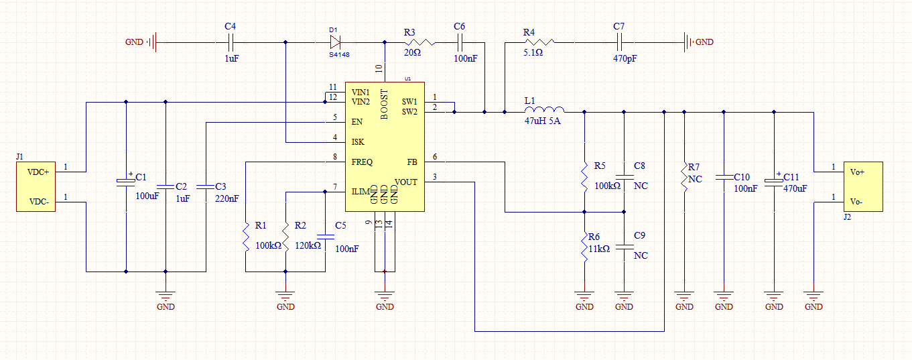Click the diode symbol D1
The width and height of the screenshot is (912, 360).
point(335,42)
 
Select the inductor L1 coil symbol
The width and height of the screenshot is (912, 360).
point(544,111)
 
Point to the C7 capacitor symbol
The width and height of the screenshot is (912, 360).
point(618,42)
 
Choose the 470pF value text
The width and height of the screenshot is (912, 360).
point(625,59)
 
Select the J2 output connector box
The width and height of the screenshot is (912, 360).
point(862,186)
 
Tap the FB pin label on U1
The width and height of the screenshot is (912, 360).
point(411,162)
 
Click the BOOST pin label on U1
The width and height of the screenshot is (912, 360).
point(385,104)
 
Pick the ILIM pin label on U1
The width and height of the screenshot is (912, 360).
point(361,192)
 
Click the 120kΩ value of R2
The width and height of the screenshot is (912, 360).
point(308,245)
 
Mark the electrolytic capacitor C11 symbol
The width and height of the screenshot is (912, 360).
point(774,182)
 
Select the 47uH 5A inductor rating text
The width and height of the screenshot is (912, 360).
point(542,122)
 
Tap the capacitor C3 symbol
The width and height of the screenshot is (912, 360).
point(206,186)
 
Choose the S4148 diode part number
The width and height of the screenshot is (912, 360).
point(338,55)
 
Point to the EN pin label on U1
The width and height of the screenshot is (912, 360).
point(356,122)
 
